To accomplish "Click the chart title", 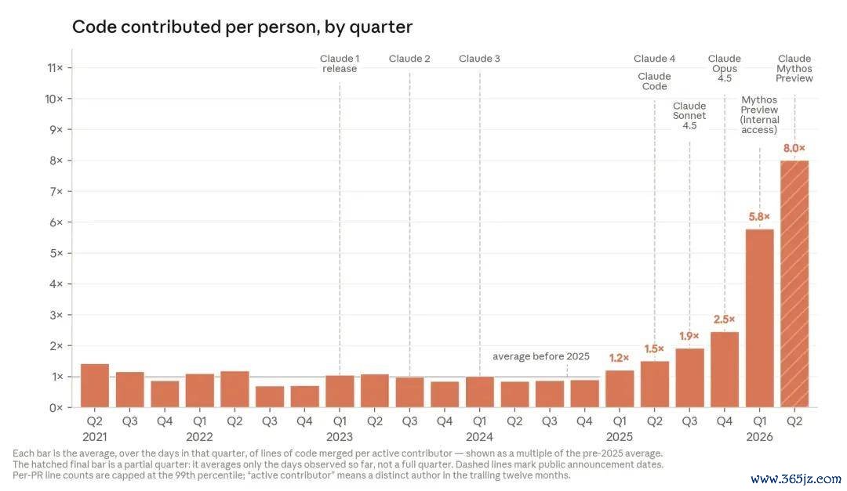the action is point(242,27).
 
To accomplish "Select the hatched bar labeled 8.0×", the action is point(794,283).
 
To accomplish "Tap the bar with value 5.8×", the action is point(759,319).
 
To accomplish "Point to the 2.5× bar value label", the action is point(724,320).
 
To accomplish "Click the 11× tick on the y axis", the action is point(55,67).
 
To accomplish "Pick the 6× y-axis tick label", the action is point(56,222).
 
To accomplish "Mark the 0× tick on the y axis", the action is point(56,408).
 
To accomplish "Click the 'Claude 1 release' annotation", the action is point(340,63).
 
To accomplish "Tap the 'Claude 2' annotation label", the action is point(409,58).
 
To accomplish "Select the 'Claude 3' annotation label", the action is point(480,58).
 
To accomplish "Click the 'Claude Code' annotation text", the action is point(654,81).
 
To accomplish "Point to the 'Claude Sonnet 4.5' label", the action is point(689,115).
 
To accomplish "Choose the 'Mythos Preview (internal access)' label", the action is point(759,115).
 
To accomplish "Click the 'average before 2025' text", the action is point(540,356).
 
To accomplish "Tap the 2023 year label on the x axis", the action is point(340,436).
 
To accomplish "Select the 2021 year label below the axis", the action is point(95,436).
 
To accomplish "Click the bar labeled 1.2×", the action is point(620,388).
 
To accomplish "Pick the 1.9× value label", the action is point(689,336).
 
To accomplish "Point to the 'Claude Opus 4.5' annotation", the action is point(725,68).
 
